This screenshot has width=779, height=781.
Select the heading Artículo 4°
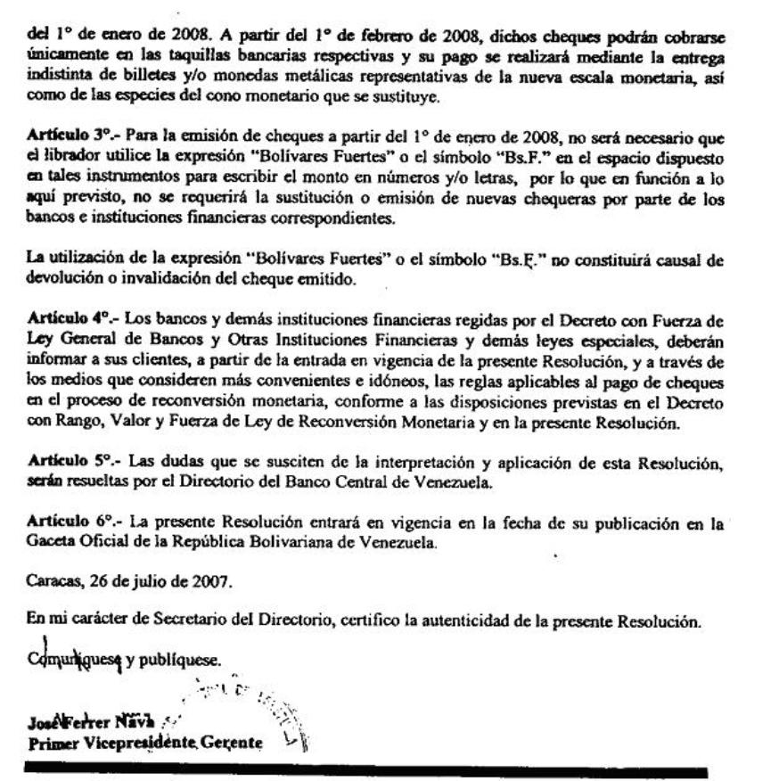coord(59,317)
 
